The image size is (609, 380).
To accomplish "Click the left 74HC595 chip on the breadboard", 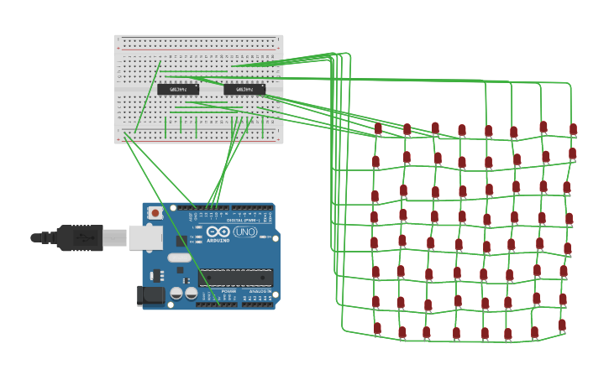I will (178, 89).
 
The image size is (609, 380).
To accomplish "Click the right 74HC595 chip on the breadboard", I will (244, 89).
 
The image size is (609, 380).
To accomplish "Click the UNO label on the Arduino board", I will (245, 232).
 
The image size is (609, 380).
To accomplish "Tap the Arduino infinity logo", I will (218, 232).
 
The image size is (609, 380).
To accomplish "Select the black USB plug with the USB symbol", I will (81, 238).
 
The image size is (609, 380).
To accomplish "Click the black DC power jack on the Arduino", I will (150, 294).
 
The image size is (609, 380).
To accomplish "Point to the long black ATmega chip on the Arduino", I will (236, 278).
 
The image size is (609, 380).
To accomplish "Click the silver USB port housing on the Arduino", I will (144, 238).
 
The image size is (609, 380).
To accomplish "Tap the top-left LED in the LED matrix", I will (378, 128).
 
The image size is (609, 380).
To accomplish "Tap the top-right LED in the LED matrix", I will (573, 129).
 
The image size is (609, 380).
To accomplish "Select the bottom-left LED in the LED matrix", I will (377, 328).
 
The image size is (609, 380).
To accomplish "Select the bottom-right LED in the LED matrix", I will (562, 325).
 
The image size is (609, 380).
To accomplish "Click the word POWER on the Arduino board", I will (206, 292).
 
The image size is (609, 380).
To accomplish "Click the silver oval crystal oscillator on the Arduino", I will (180, 258).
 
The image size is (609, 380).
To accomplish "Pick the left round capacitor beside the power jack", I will (176, 294).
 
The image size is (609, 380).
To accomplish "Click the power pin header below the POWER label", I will (216, 305).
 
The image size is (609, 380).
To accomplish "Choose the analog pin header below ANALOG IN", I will (257, 305).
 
